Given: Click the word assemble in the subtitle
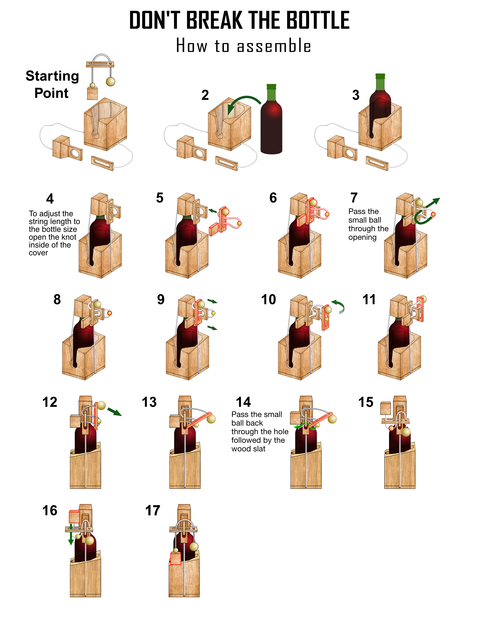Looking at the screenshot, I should [274, 46].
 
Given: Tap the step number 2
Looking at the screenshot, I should [205, 95].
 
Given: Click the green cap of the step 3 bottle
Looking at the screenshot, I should [380, 77].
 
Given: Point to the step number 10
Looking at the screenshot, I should [268, 300].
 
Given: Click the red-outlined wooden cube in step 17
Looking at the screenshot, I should [175, 559].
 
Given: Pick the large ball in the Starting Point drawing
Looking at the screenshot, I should [110, 82].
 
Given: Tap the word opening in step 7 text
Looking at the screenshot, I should [362, 237].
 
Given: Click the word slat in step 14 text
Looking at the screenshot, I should [259, 449].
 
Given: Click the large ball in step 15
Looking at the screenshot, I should [406, 432].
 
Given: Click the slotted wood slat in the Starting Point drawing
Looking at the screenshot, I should [102, 163].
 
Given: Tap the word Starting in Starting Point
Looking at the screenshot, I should [52, 76].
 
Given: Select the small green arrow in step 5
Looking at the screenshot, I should [212, 211].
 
